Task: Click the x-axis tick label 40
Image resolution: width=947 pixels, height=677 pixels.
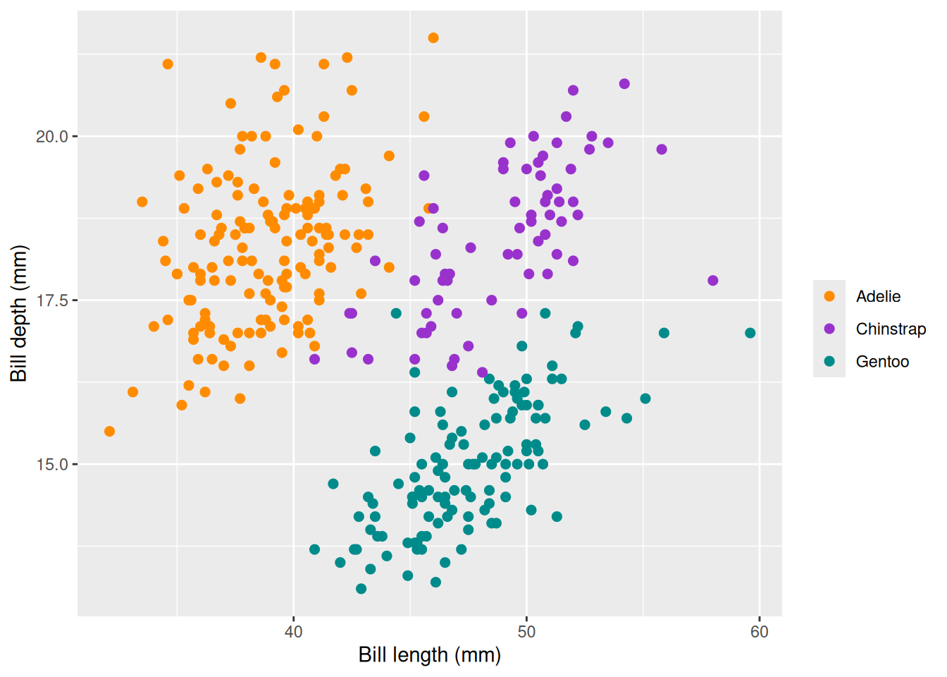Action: click(x=293, y=632)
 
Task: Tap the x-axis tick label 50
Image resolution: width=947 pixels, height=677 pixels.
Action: click(x=526, y=632)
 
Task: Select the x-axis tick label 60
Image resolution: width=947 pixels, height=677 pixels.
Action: click(x=760, y=632)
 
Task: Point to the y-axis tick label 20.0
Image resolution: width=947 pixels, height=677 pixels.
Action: click(x=51, y=137)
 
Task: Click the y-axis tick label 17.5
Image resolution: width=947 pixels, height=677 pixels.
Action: click(x=51, y=300)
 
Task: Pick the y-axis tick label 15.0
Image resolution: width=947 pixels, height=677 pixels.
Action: click(x=51, y=465)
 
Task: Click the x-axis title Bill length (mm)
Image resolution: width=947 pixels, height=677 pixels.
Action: click(x=430, y=655)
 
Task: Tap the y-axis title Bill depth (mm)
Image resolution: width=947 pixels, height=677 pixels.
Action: click(x=18, y=314)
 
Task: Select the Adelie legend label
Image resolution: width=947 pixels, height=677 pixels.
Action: click(x=878, y=296)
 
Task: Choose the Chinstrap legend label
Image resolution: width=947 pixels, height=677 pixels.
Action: click(x=891, y=329)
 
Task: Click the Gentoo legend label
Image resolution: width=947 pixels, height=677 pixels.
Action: click(x=882, y=361)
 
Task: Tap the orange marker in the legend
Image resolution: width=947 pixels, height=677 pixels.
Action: click(x=829, y=296)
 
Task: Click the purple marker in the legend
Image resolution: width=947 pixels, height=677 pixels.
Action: click(x=829, y=329)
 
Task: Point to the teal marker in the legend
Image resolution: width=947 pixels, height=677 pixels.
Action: click(x=829, y=361)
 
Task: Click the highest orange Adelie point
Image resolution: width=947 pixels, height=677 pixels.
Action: click(x=433, y=38)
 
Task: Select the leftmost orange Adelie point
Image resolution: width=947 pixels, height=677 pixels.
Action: click(x=109, y=432)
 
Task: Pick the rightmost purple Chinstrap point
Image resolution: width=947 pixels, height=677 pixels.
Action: click(x=713, y=281)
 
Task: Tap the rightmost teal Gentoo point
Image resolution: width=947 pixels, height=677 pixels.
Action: click(x=750, y=333)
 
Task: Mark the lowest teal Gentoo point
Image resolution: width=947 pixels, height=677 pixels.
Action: click(x=361, y=589)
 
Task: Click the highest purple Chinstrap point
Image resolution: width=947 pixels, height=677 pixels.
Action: click(x=624, y=84)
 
